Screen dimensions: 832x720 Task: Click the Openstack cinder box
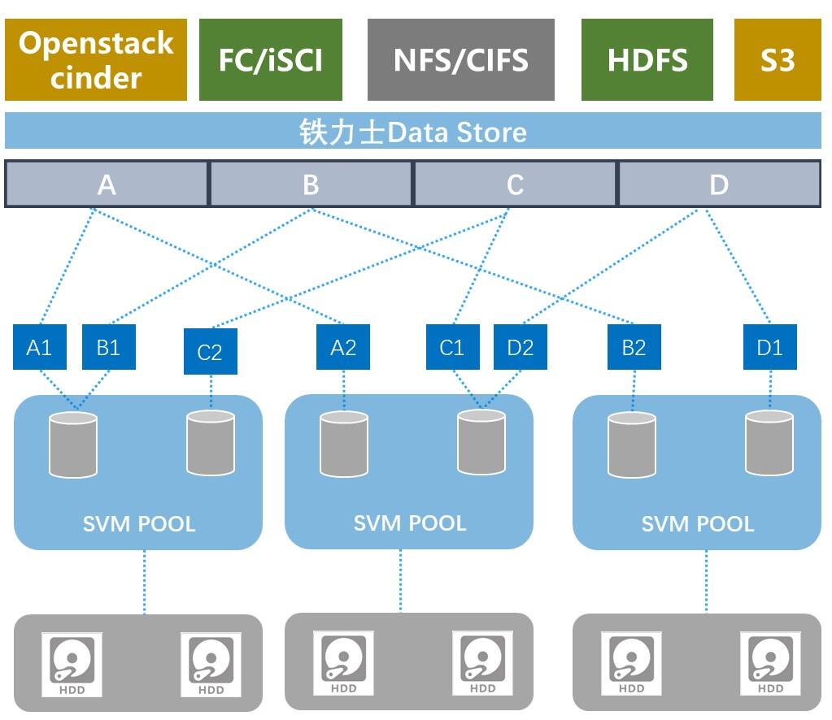click(96, 60)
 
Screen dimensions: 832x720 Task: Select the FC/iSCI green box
click(271, 60)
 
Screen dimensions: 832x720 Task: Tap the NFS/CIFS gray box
click(461, 60)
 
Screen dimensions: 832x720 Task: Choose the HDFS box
click(647, 60)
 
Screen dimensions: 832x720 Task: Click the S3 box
click(778, 60)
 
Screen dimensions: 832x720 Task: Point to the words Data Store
click(457, 132)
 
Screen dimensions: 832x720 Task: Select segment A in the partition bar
click(107, 184)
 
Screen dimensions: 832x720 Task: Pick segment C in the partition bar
click(515, 184)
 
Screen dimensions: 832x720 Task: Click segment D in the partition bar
click(720, 184)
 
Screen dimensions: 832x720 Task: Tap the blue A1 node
click(40, 347)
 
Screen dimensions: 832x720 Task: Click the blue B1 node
click(109, 347)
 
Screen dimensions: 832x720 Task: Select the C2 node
click(211, 352)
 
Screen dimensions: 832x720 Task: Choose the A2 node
click(343, 347)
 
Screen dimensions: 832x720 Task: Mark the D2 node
click(521, 347)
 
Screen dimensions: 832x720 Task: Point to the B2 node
click(634, 347)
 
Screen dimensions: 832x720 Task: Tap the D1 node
click(770, 347)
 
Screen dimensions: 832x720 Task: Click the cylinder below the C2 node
click(211, 443)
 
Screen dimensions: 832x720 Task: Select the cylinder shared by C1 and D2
click(481, 442)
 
